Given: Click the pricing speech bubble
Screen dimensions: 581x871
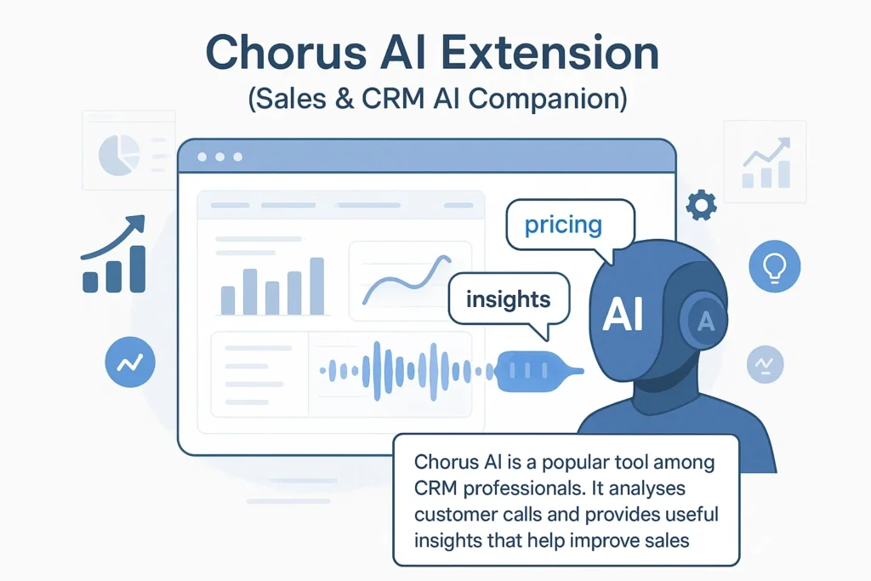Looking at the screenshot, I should (x=563, y=225).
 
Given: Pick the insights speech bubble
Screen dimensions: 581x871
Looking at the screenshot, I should (x=508, y=299).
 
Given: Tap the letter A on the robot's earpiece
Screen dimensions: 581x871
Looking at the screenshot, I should (x=703, y=321).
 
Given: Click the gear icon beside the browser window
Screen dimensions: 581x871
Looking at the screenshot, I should (x=701, y=204).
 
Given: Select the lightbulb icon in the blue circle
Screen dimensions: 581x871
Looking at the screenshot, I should (x=774, y=266).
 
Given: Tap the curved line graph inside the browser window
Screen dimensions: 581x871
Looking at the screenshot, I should (x=409, y=281).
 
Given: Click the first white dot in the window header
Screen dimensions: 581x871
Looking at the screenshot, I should (x=202, y=157).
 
